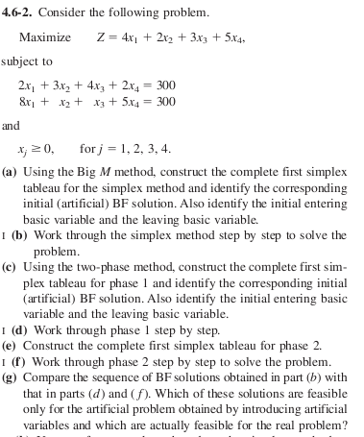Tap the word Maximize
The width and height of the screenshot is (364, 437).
(x=45, y=37)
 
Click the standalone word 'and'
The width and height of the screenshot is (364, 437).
(x=11, y=125)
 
